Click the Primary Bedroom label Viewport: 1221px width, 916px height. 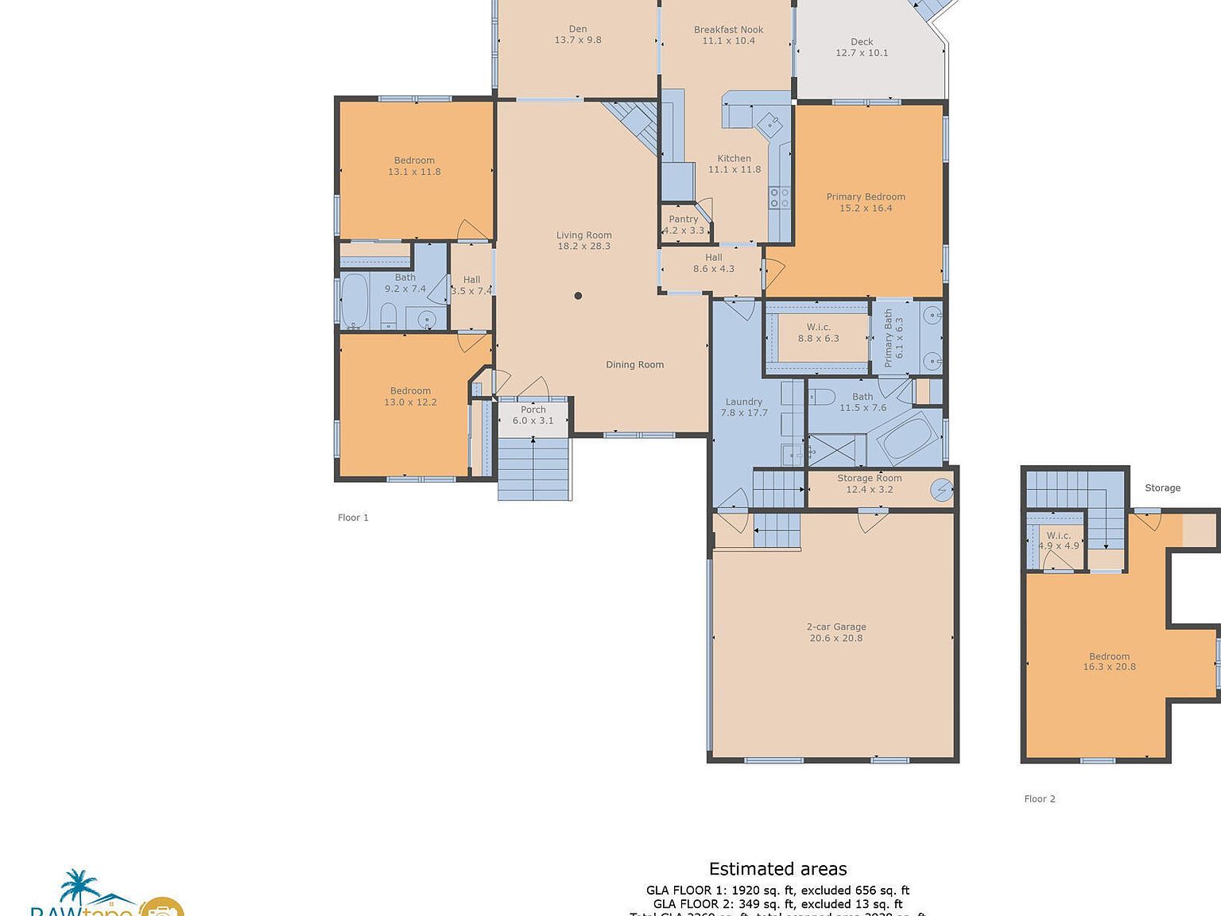coord(866,196)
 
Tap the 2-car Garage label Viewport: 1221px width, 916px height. coord(836,627)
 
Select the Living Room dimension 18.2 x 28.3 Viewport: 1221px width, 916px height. coord(584,246)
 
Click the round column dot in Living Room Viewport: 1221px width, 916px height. coord(579,296)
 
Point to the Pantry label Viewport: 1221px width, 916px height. coord(684,219)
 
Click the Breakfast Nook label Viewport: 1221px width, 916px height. coord(728,29)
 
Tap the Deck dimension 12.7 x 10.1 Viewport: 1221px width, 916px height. coord(862,53)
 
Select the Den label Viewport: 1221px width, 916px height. coord(578,29)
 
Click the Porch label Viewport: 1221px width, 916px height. coord(533,409)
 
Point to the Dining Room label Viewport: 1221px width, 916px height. coord(634,365)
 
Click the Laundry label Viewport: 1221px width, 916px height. coord(744,402)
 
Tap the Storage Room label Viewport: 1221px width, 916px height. coord(869,478)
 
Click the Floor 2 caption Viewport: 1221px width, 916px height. coord(1040,799)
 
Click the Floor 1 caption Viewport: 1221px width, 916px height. coord(353,518)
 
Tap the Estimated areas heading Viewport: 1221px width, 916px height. coord(777,869)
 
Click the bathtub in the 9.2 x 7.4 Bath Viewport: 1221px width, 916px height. coord(355,301)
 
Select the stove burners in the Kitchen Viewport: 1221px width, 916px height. coord(779,197)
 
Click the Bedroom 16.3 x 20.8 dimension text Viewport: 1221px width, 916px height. coord(1109,667)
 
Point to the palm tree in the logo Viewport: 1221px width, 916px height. coord(79,884)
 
